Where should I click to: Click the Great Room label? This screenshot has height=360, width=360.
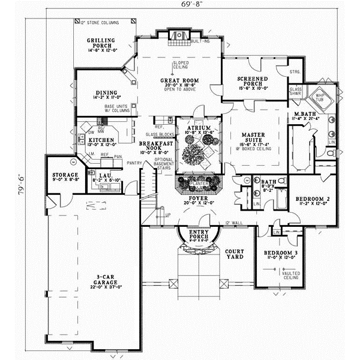pyautogui.click(x=179, y=80)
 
